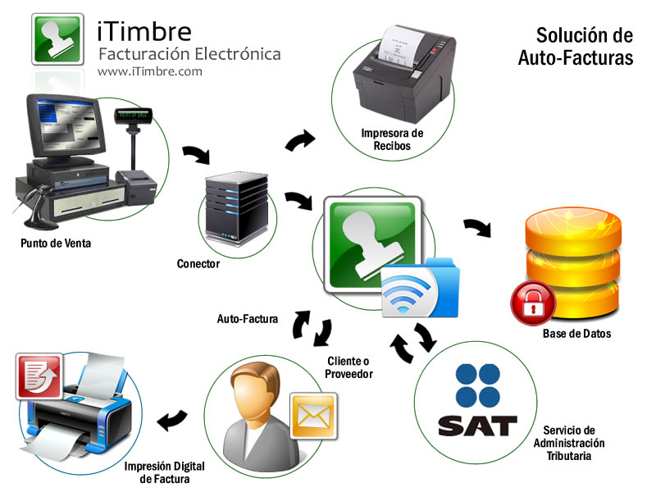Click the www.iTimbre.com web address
click(x=149, y=72)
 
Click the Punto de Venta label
click(x=56, y=243)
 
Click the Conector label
click(x=198, y=263)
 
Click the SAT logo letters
click(x=477, y=426)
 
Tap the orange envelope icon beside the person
click(x=313, y=415)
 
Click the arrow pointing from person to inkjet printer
click(x=171, y=421)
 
